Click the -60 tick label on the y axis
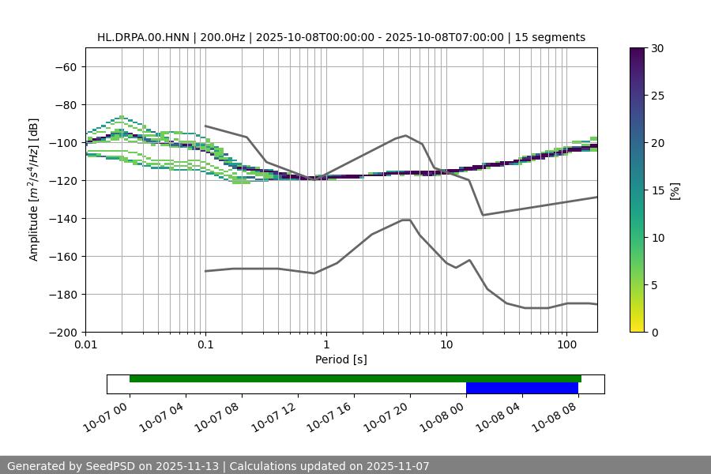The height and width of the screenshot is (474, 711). click(x=66, y=67)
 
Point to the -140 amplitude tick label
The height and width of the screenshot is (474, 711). click(x=62, y=219)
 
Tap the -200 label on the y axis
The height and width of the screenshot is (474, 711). click(x=62, y=333)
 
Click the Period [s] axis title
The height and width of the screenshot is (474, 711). click(x=341, y=360)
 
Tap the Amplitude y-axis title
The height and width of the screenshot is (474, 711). click(x=34, y=190)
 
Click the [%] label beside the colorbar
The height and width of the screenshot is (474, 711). click(x=675, y=190)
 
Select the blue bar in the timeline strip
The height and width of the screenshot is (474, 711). click(x=521, y=388)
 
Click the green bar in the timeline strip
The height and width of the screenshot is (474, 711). click(x=355, y=378)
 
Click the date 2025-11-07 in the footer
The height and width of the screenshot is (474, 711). click(x=393, y=466)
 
